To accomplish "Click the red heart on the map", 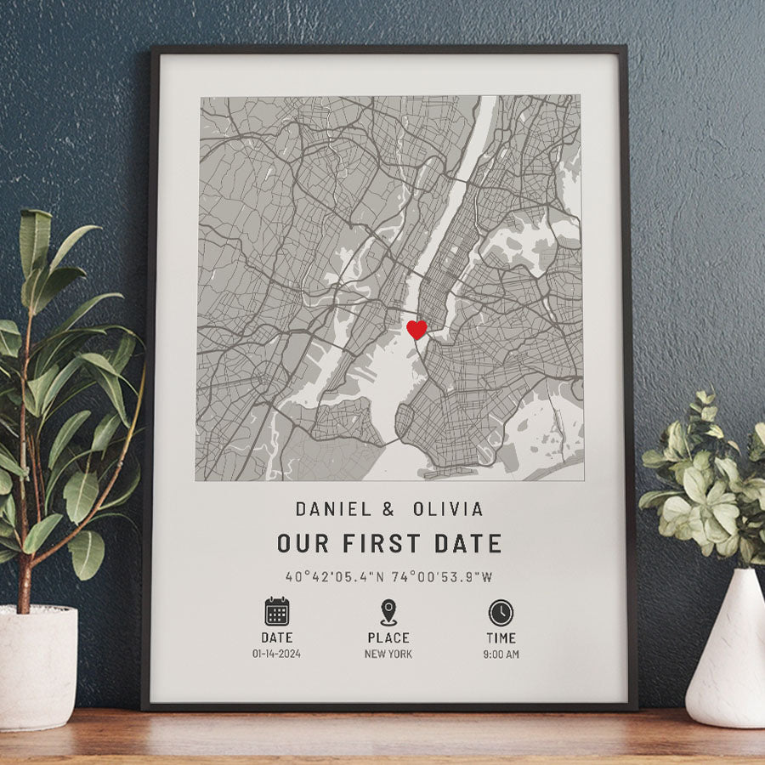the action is click(416, 330).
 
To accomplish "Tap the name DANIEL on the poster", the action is click(333, 509).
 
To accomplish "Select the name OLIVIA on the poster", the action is click(448, 509).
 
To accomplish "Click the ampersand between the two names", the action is click(388, 509).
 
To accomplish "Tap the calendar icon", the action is click(277, 612).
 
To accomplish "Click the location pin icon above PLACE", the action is click(388, 612).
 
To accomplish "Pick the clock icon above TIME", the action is click(501, 612).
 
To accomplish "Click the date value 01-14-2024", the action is click(277, 654).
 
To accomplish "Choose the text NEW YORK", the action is click(388, 654).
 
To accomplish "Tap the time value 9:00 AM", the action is click(501, 654).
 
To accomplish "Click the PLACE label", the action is click(388, 637).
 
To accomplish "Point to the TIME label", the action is click(501, 637).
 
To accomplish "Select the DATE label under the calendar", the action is click(277, 637).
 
